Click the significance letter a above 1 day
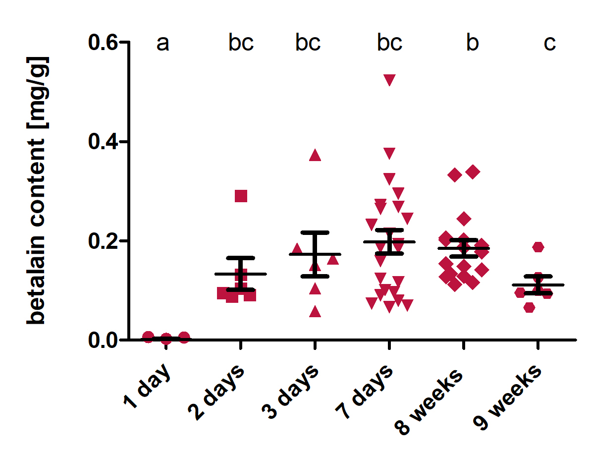click(163, 44)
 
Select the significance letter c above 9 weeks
click(550, 44)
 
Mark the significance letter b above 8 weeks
click(473, 44)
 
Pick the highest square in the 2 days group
click(241, 196)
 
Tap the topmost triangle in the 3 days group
click(315, 156)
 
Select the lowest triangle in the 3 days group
click(315, 312)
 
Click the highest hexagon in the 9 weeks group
click(538, 247)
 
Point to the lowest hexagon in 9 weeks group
click(529, 307)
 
